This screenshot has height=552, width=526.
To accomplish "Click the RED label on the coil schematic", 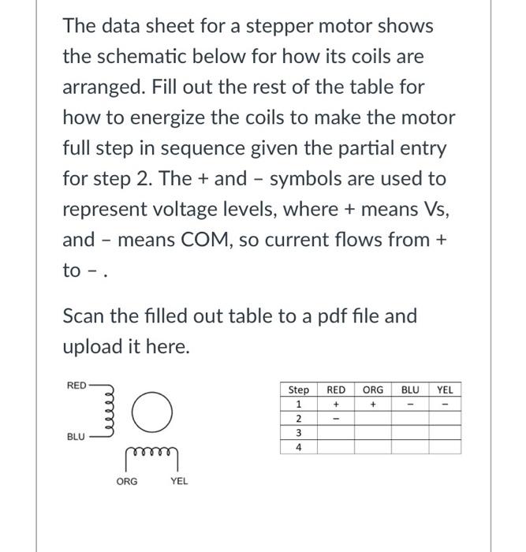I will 76,386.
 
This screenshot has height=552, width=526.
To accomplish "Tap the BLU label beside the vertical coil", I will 76,436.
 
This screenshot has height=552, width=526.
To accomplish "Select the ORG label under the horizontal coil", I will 126,480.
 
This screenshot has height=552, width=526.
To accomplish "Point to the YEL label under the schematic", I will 179,480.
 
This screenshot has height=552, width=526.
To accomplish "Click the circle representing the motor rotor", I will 155,414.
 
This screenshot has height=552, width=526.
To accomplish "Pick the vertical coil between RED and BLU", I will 111,411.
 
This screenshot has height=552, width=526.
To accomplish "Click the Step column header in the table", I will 299,390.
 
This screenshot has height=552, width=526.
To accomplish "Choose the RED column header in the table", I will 336,390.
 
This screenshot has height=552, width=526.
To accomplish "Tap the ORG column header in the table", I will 372,390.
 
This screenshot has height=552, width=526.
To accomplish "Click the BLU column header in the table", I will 410,390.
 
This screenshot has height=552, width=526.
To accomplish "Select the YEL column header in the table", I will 445,390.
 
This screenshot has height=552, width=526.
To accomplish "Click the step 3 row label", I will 299,433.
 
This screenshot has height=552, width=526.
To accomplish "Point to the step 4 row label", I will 299,447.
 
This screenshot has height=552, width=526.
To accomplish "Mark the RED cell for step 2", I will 336,419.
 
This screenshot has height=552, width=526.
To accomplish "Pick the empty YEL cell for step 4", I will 445,447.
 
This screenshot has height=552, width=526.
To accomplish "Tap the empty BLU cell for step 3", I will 410,433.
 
